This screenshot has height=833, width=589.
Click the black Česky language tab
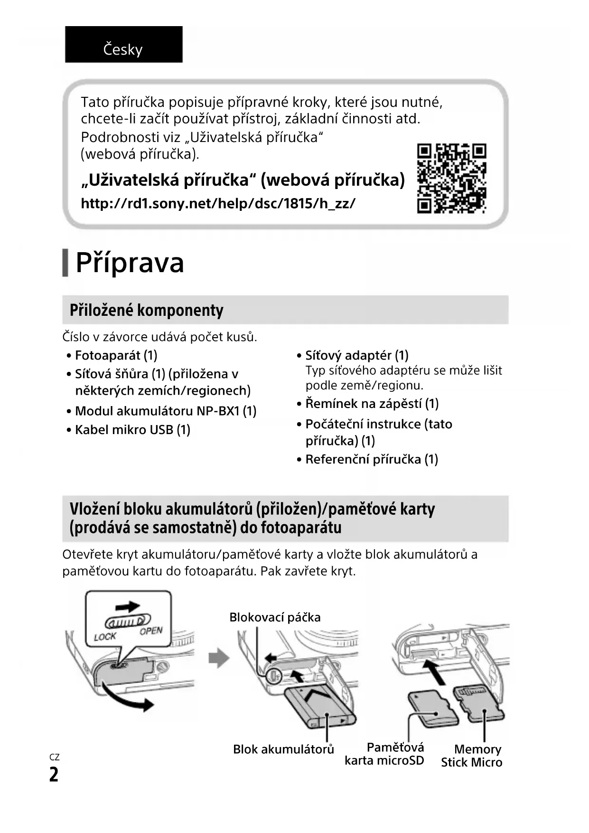click(x=123, y=45)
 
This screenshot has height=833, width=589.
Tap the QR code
click(x=451, y=178)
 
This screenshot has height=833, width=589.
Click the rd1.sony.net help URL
click(x=218, y=204)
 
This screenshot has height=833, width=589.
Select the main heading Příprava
click(x=130, y=262)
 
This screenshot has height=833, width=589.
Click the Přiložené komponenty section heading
click(x=146, y=310)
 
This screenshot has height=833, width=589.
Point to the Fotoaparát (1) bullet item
click(x=116, y=355)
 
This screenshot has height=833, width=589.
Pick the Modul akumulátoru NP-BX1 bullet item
click(x=165, y=411)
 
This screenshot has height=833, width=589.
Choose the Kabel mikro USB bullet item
click(x=132, y=430)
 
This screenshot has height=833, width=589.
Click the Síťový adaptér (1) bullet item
click(x=356, y=355)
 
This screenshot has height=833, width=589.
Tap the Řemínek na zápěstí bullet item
click(x=372, y=404)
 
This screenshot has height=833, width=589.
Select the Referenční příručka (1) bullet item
click(x=371, y=459)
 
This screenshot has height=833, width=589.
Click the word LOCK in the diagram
click(x=105, y=636)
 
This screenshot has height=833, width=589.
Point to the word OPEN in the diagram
click(x=151, y=631)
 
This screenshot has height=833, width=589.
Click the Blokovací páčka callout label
click(x=275, y=617)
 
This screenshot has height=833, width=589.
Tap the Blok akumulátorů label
click(x=283, y=749)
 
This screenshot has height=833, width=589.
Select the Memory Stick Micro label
click(x=471, y=756)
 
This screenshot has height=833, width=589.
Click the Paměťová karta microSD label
click(x=384, y=754)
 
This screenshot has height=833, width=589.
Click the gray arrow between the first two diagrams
click(x=219, y=658)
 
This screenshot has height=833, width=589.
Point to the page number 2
click(x=54, y=775)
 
